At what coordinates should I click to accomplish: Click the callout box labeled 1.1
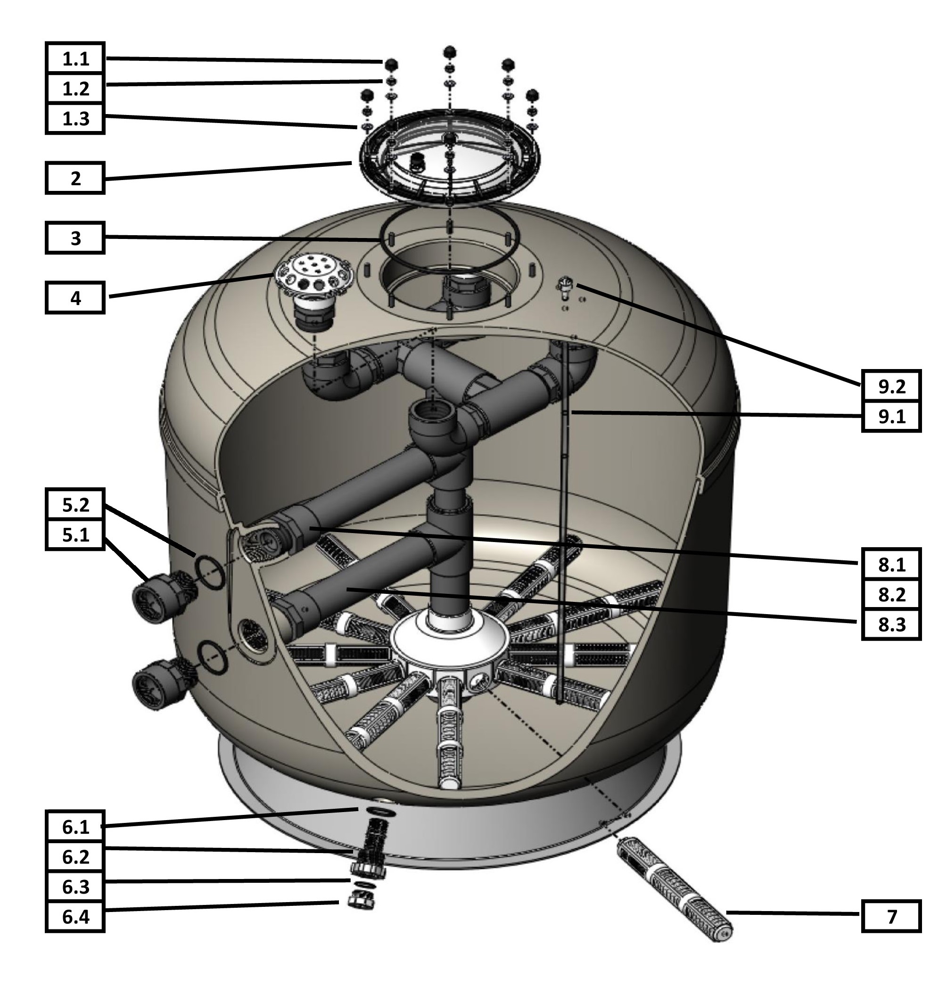click(75, 59)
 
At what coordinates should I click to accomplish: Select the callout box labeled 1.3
click(75, 119)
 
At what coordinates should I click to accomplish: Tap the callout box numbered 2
click(75, 178)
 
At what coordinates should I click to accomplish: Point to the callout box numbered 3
click(75, 238)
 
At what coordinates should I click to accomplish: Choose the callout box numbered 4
click(75, 298)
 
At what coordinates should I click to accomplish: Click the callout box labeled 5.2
click(75, 505)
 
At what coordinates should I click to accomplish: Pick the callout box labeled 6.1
click(75, 827)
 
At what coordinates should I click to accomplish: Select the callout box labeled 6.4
click(75, 917)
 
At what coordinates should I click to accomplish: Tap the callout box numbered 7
click(891, 917)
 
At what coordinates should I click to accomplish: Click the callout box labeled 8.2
click(891, 594)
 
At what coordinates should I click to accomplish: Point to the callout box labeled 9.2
click(891, 386)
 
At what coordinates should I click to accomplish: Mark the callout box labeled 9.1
click(891, 417)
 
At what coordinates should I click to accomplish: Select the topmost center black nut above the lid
click(449, 52)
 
